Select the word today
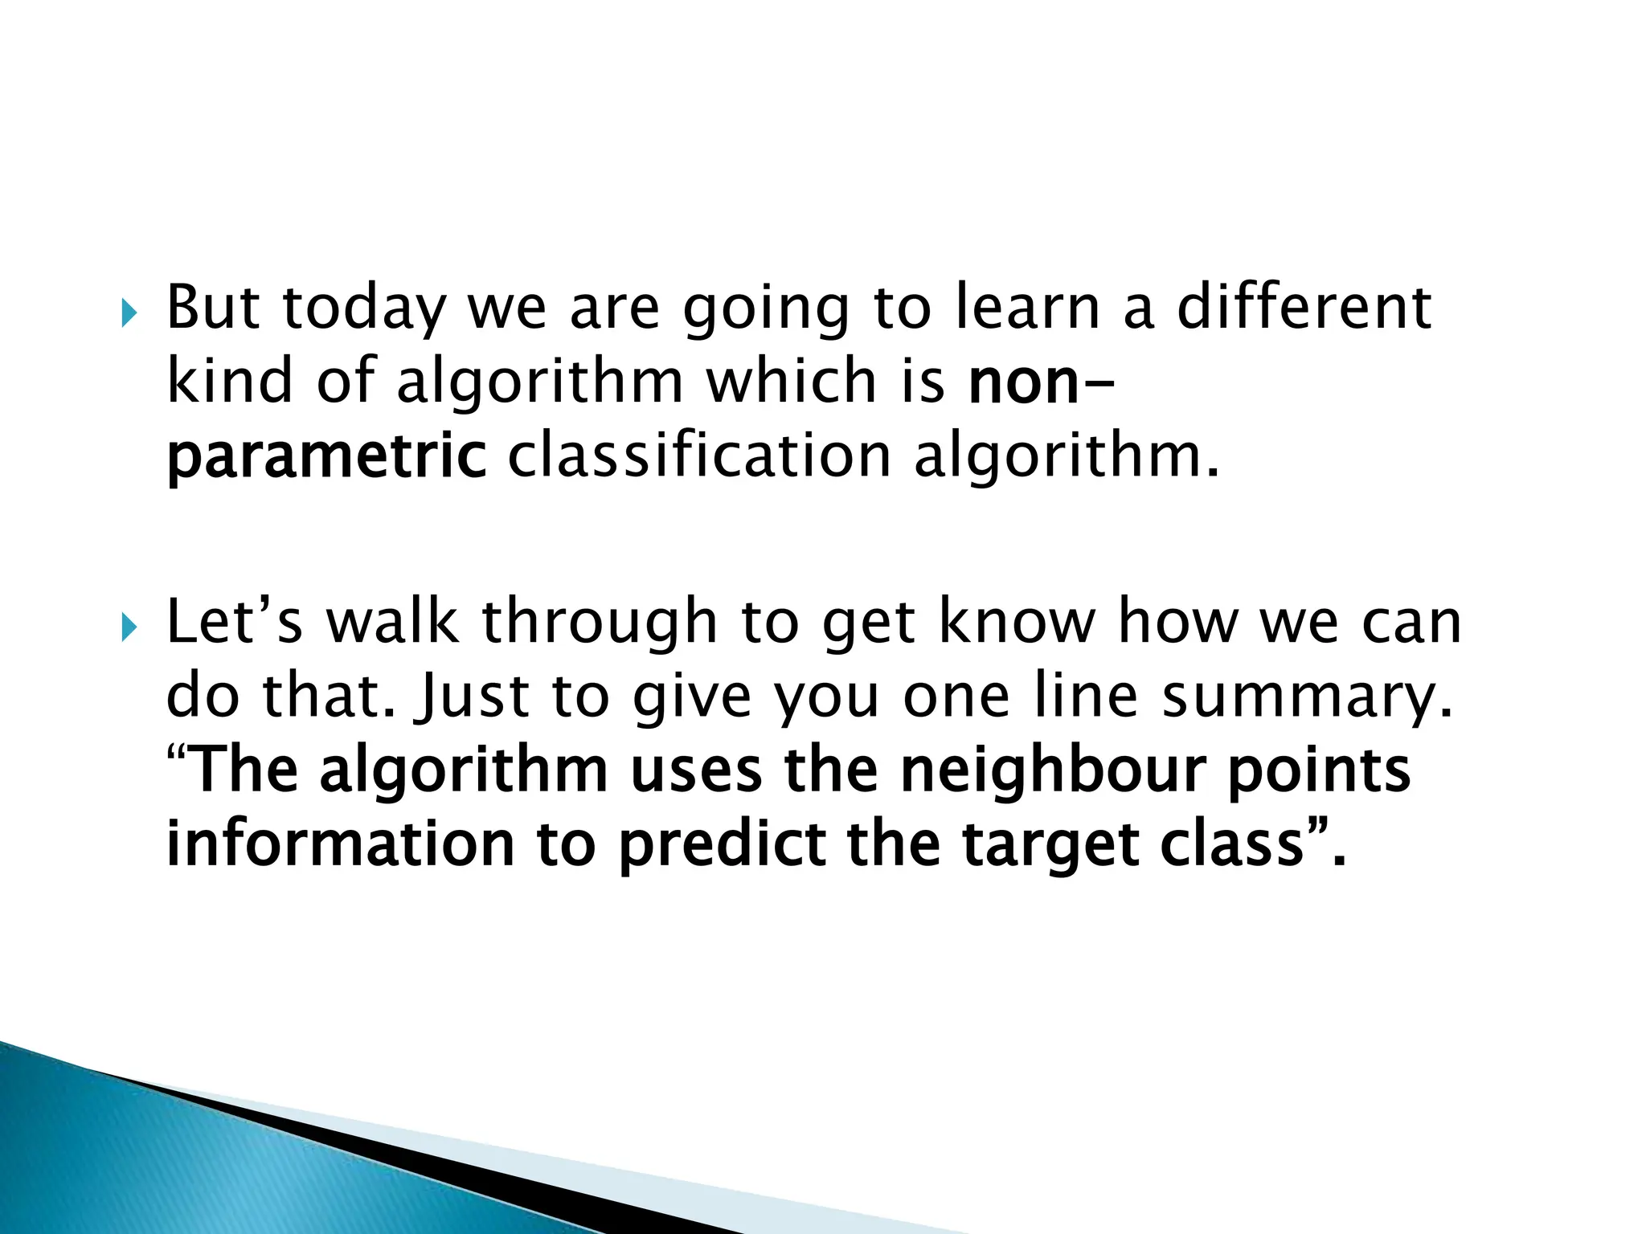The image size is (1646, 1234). click(364, 309)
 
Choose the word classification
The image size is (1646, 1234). click(700, 456)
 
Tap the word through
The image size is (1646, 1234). click(600, 624)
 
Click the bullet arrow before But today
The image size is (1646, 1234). click(129, 314)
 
